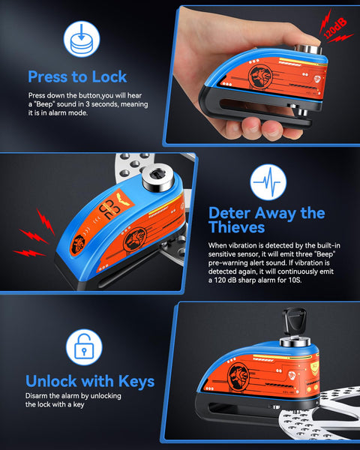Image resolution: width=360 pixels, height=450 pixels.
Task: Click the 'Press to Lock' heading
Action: click(77, 76)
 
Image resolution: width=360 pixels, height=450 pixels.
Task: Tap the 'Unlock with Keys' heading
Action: click(90, 381)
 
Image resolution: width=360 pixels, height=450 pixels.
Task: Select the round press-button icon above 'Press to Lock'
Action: click(78, 38)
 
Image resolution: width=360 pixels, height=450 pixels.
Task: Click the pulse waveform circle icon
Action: click(268, 182)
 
